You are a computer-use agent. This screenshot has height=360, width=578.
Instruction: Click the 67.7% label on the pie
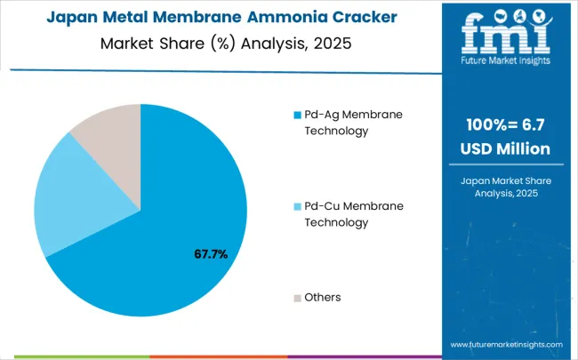[211, 254]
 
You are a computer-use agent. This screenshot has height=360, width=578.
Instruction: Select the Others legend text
[323, 297]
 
